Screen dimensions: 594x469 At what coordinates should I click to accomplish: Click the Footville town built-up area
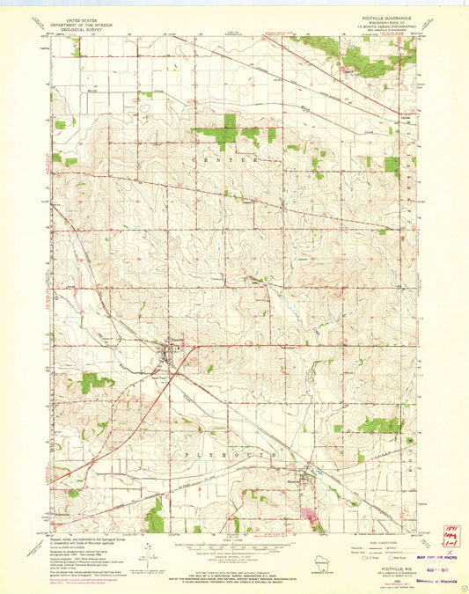pyautogui.click(x=168, y=354)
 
